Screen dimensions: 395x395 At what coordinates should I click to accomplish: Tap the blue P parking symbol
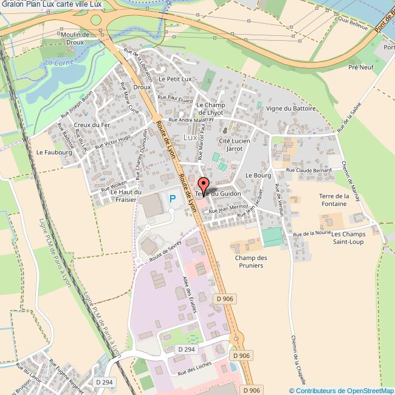click(173, 198)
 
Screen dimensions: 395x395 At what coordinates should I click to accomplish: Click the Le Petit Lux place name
click(175, 79)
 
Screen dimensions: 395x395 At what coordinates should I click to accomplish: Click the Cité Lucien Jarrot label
click(234, 144)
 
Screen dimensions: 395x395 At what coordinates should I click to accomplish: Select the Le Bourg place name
click(257, 174)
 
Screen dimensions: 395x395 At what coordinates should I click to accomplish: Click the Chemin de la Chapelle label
click(297, 357)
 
